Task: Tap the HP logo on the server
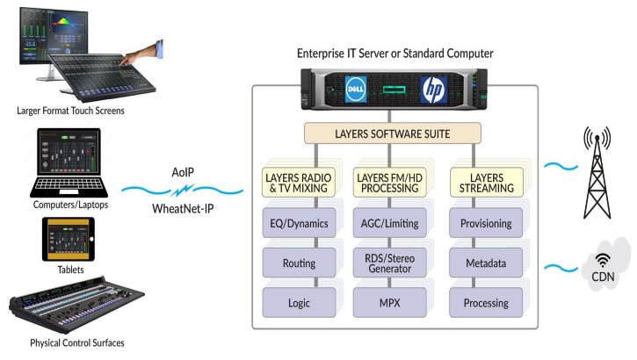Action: point(433,89)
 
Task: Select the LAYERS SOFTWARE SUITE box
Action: point(393,133)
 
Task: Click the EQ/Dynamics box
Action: point(298,223)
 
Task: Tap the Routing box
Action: point(298,263)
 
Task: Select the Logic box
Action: point(298,303)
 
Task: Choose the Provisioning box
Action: point(486,223)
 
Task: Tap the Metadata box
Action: point(486,263)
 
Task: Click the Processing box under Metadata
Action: point(486,303)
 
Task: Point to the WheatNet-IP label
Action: point(183,209)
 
